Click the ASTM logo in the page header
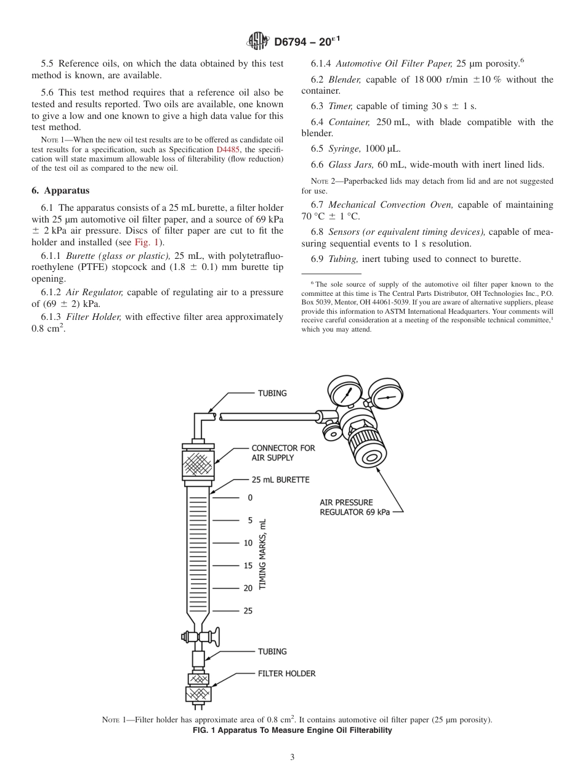258,41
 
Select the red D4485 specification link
228,150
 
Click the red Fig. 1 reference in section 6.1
145,242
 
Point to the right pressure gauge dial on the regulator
385,398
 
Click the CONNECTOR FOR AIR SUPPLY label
283,452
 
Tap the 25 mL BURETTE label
280,480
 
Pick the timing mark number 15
248,565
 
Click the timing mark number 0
249,497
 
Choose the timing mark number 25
248,611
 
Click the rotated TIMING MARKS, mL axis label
263,554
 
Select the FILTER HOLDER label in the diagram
286,674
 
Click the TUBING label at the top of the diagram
272,393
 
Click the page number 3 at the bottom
292,757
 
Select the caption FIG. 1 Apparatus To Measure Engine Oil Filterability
292,730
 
